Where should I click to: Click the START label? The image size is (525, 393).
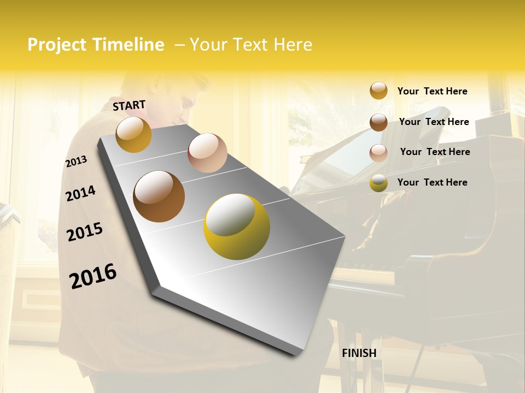click(x=129, y=105)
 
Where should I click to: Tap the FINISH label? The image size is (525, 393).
click(x=359, y=353)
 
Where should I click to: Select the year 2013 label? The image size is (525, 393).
click(x=76, y=162)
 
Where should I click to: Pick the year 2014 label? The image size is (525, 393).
click(x=80, y=193)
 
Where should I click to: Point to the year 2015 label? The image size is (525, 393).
click(x=85, y=232)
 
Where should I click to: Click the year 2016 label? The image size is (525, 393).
click(x=93, y=276)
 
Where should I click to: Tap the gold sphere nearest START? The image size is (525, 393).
click(x=133, y=134)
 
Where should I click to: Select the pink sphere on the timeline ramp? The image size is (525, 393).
click(x=207, y=153)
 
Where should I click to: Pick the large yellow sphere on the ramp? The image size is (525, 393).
click(x=237, y=227)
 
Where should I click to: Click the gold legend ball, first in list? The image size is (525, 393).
click(x=378, y=91)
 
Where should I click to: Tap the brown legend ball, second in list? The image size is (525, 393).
click(x=378, y=122)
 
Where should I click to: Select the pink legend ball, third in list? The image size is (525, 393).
click(x=378, y=153)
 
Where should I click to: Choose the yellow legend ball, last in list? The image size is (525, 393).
click(x=378, y=183)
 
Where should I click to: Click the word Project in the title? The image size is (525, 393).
click(x=57, y=45)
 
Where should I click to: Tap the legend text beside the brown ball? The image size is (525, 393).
click(x=434, y=122)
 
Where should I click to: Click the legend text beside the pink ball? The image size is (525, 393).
click(x=435, y=152)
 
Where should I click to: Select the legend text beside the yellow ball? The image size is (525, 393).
click(x=432, y=182)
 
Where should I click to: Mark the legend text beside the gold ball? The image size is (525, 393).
click(x=432, y=91)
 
